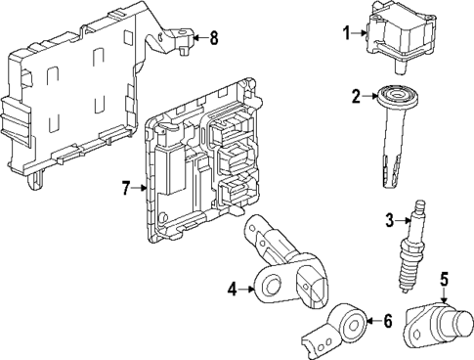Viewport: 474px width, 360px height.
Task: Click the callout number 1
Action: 345,33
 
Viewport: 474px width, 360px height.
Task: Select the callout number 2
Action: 356,95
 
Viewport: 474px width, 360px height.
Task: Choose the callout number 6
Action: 387,319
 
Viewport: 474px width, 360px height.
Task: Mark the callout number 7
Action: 125,186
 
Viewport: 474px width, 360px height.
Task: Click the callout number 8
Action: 214,38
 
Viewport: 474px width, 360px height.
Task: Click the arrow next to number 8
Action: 198,38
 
